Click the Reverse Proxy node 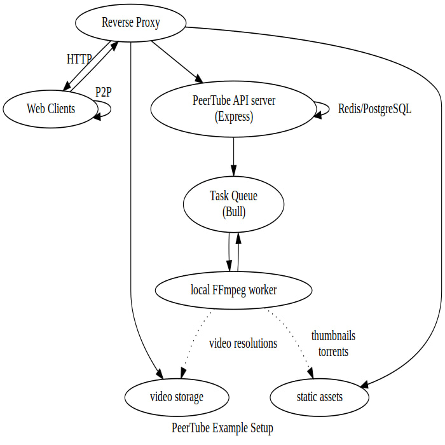coord(130,24)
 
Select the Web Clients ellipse coord(51,109)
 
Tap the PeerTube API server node coord(233,109)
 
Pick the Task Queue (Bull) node coord(233,204)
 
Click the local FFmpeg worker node coord(233,291)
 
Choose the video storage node coord(176,397)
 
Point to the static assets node coord(319,397)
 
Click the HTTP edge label coord(79,59)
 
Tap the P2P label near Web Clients coord(104,92)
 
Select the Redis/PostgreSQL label coord(374,109)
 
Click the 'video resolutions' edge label coord(243,343)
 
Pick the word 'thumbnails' coord(333,335)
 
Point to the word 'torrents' coord(333,351)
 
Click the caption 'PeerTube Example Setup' coord(222,428)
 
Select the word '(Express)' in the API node coord(233,117)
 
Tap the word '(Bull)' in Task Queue coord(233,212)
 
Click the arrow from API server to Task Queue coord(233,156)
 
